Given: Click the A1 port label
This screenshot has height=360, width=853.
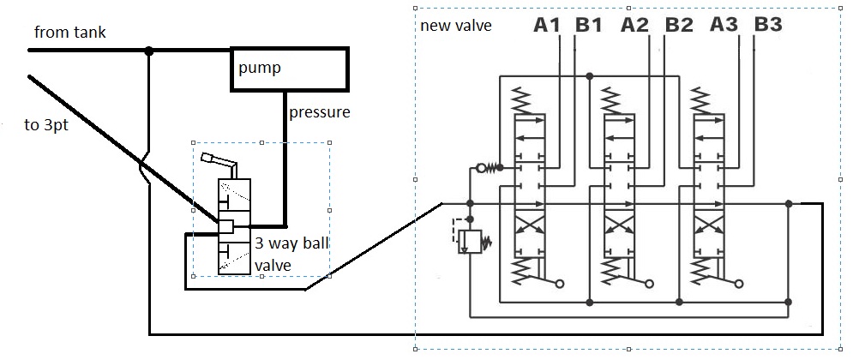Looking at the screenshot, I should point(546,26).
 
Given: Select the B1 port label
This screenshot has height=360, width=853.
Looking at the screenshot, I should point(589,26).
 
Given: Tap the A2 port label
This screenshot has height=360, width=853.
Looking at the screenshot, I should point(635,26).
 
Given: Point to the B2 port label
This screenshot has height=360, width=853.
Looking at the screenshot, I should point(678,26).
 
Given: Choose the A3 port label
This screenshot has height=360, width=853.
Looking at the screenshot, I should point(724,26).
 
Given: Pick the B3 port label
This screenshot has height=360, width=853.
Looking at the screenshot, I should point(768,26).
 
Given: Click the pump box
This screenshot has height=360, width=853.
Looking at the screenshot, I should point(289,69).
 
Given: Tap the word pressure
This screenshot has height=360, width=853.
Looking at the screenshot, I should point(319,112).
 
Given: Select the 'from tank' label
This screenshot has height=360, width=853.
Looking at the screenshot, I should point(70,33).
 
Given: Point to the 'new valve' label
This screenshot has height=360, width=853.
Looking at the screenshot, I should point(456,25).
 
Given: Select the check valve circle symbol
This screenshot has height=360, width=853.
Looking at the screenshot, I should point(482,167).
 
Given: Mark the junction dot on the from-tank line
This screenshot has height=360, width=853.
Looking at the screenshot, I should point(148,51).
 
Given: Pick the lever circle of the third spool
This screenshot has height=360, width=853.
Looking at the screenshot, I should point(739,283).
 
